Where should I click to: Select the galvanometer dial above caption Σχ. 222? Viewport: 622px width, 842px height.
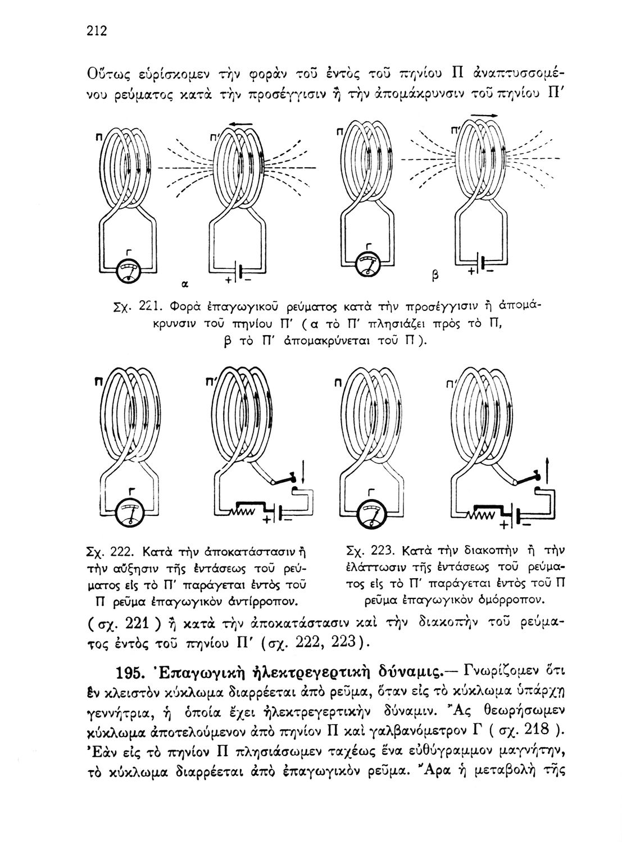pyautogui.click(x=130, y=513)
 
